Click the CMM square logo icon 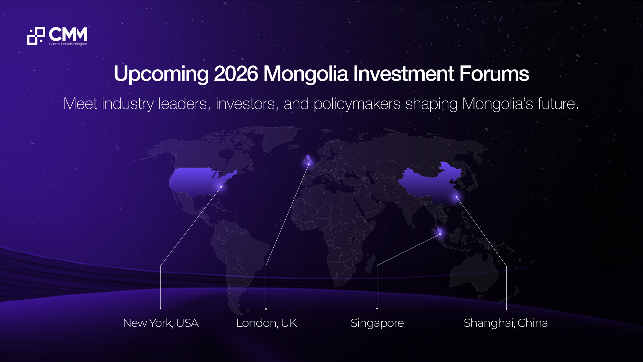[x=36, y=36]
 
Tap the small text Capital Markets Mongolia [x=68, y=44]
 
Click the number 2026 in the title [x=236, y=73]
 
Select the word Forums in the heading [x=494, y=73]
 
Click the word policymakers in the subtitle [x=357, y=104]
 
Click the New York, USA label [x=161, y=323]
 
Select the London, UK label [x=267, y=323]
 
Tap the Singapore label [x=377, y=323]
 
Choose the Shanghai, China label [x=506, y=323]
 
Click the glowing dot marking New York [x=221, y=187]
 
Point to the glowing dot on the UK [x=309, y=164]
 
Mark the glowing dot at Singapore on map [x=440, y=234]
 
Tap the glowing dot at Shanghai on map [x=456, y=197]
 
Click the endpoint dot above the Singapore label [x=377, y=308]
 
